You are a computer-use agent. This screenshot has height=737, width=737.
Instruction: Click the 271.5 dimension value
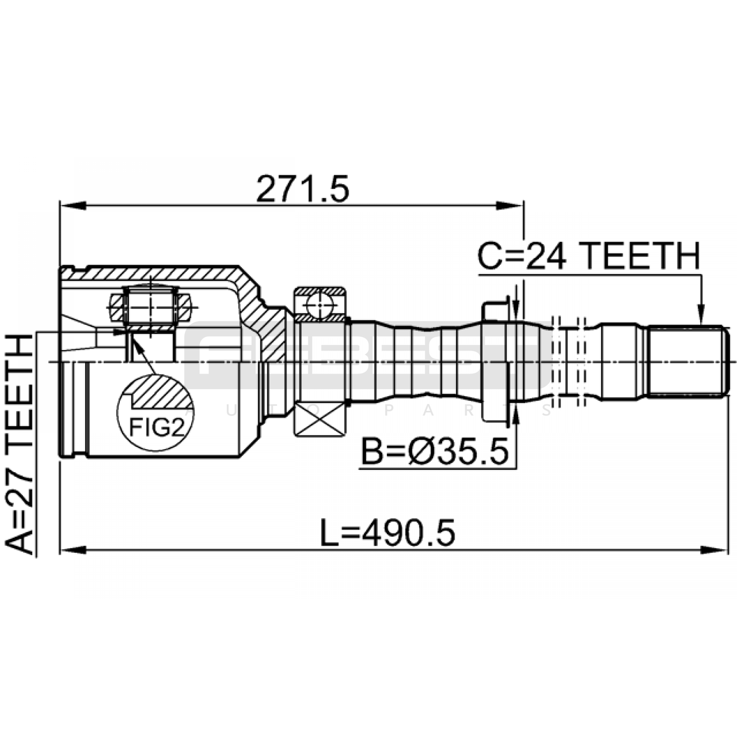303,189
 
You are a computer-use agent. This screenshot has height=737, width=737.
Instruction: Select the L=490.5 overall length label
388,533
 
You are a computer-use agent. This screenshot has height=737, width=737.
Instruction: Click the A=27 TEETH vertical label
19,445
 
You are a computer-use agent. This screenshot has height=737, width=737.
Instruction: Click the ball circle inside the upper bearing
321,304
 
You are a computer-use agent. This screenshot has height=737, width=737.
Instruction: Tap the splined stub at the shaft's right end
688,361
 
